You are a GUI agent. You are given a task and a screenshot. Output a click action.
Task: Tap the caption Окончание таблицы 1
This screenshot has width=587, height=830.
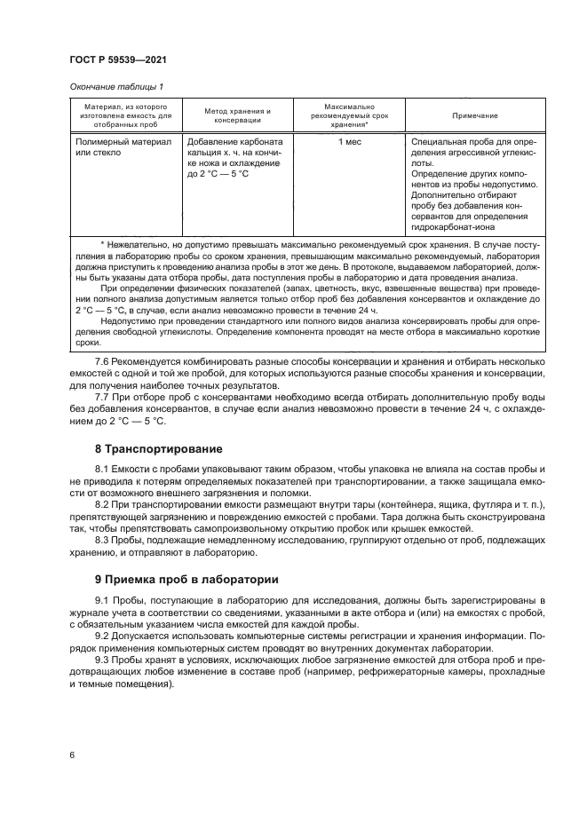pyautogui.click(x=115, y=86)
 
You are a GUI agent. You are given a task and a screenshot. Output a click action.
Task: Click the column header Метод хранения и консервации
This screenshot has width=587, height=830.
pyautogui.click(x=237, y=115)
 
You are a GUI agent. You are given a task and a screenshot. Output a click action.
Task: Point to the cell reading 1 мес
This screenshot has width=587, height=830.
pyautogui.click(x=348, y=141)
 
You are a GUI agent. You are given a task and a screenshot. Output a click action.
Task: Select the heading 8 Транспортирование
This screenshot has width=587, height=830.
pyautogui.click(x=158, y=449)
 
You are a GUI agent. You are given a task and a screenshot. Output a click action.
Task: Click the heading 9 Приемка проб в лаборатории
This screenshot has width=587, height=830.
pyautogui.click(x=186, y=580)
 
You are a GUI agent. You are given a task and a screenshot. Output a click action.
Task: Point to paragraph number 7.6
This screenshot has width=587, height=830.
pyautogui.click(x=104, y=361)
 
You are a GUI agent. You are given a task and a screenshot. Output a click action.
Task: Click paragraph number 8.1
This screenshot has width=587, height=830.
pyautogui.click(x=104, y=468)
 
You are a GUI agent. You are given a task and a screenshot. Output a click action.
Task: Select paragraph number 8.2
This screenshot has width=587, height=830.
pyautogui.click(x=104, y=504)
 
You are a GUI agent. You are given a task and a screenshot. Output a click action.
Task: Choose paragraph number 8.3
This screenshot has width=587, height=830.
pyautogui.click(x=104, y=540)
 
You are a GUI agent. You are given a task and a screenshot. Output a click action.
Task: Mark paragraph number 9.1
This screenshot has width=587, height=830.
pyautogui.click(x=104, y=601)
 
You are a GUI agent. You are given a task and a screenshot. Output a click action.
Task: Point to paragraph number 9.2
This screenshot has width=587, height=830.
pyautogui.click(x=104, y=636)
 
